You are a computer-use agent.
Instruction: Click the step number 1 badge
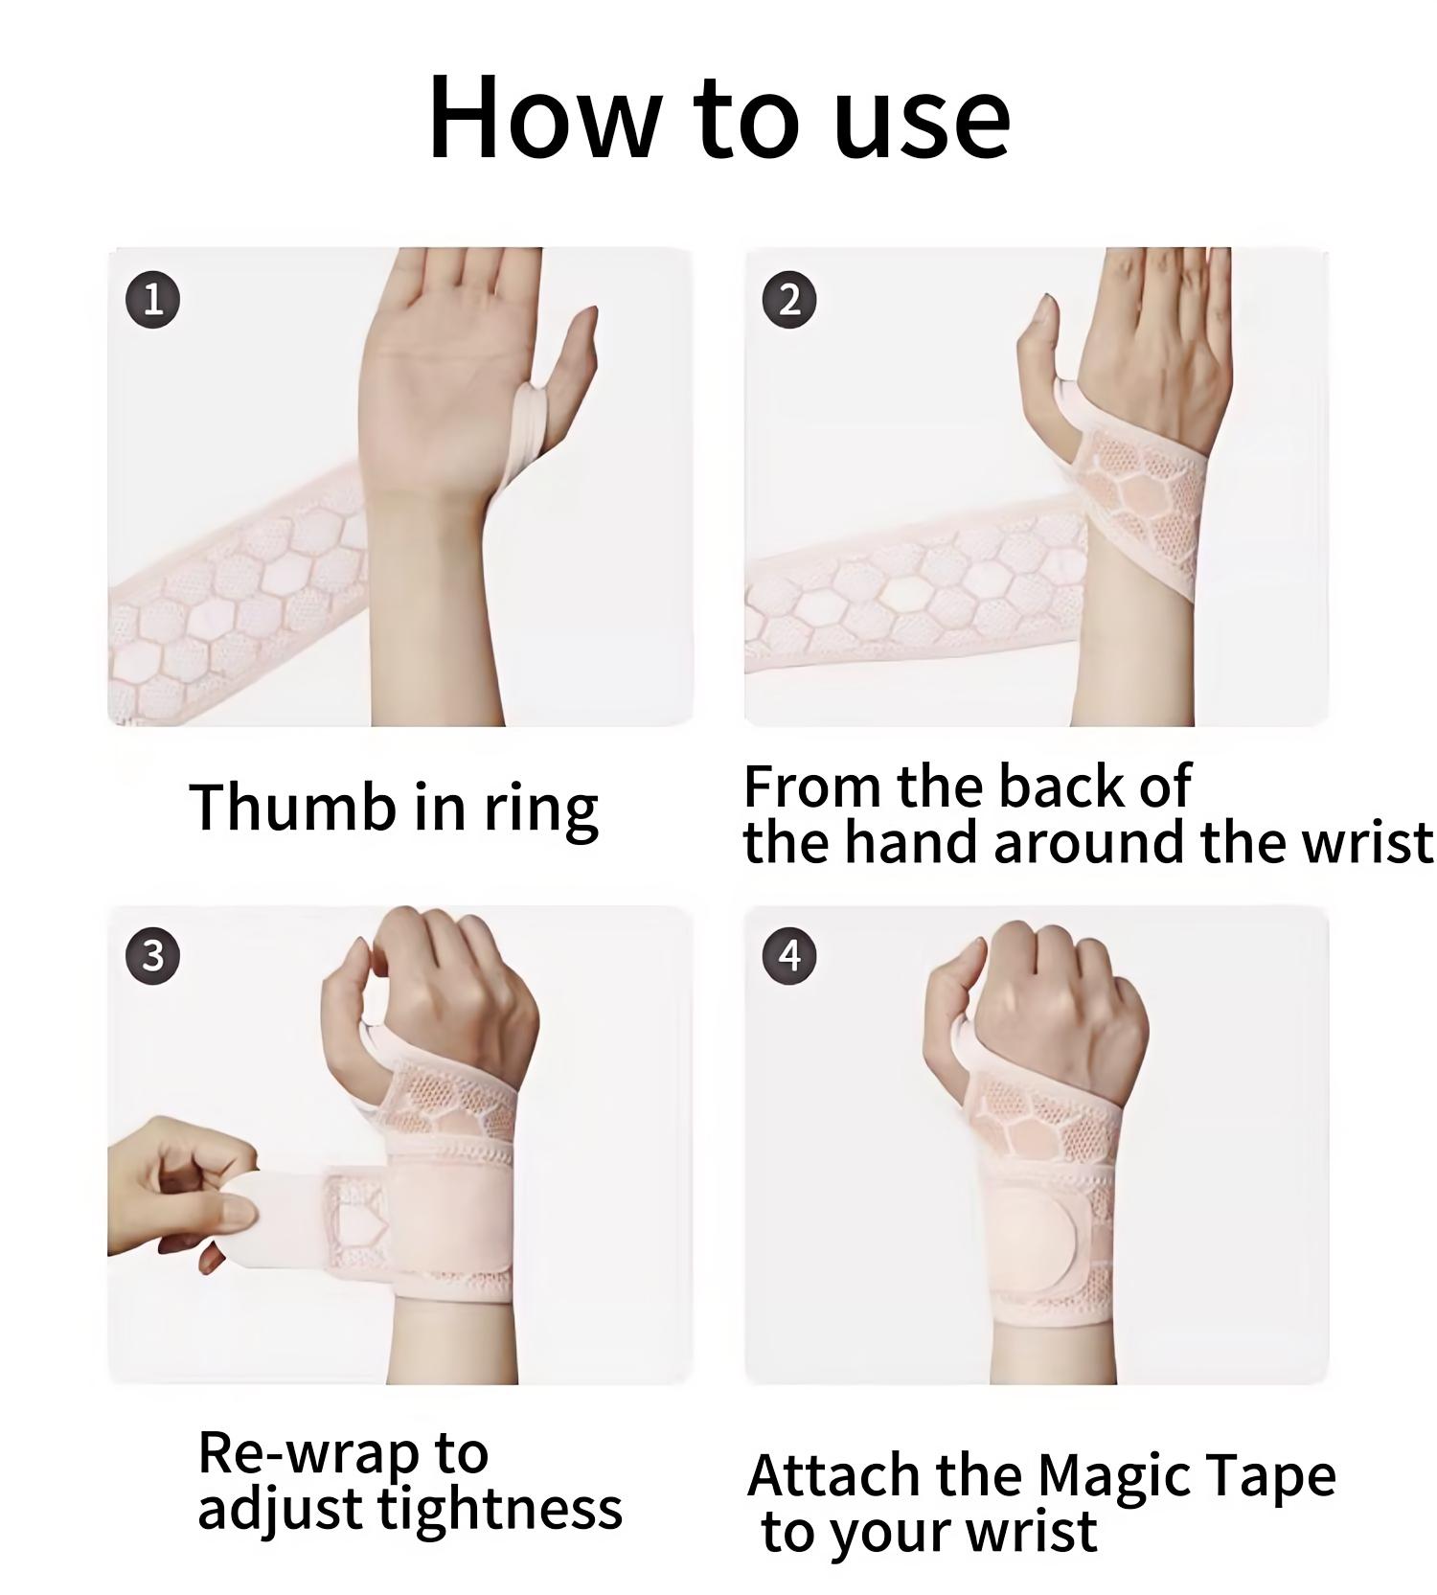click(x=153, y=300)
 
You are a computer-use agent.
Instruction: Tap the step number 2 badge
click(x=789, y=300)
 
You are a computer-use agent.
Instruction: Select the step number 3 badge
click(x=153, y=955)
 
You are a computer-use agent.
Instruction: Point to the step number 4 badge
click(x=789, y=955)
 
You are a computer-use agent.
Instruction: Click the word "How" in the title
click(x=543, y=117)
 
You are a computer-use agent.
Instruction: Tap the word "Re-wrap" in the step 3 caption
click(x=308, y=1454)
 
